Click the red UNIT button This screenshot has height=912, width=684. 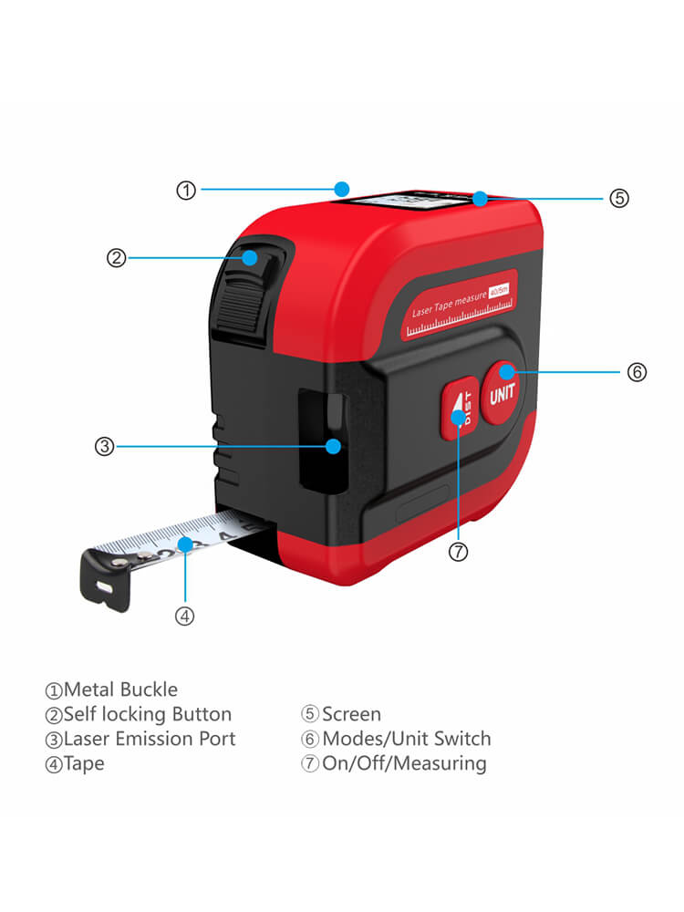coord(503,393)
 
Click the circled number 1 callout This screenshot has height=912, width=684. coord(186,191)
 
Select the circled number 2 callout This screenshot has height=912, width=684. coord(116,258)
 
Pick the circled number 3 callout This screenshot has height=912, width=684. coord(104,447)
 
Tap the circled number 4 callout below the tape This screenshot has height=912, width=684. coord(185,616)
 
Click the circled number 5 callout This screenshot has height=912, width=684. coord(619,198)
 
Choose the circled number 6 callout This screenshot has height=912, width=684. coord(637,372)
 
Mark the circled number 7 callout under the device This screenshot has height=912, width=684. coord(459,552)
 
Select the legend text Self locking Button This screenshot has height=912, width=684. coord(147,714)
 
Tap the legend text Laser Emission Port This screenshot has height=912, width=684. coord(149,739)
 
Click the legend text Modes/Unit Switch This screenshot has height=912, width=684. coord(406,739)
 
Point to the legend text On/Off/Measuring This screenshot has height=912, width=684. coord(403,763)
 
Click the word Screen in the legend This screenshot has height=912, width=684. coord(351,714)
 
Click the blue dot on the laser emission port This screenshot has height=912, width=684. coord(334,446)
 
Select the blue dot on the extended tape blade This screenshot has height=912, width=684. coord(185,544)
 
